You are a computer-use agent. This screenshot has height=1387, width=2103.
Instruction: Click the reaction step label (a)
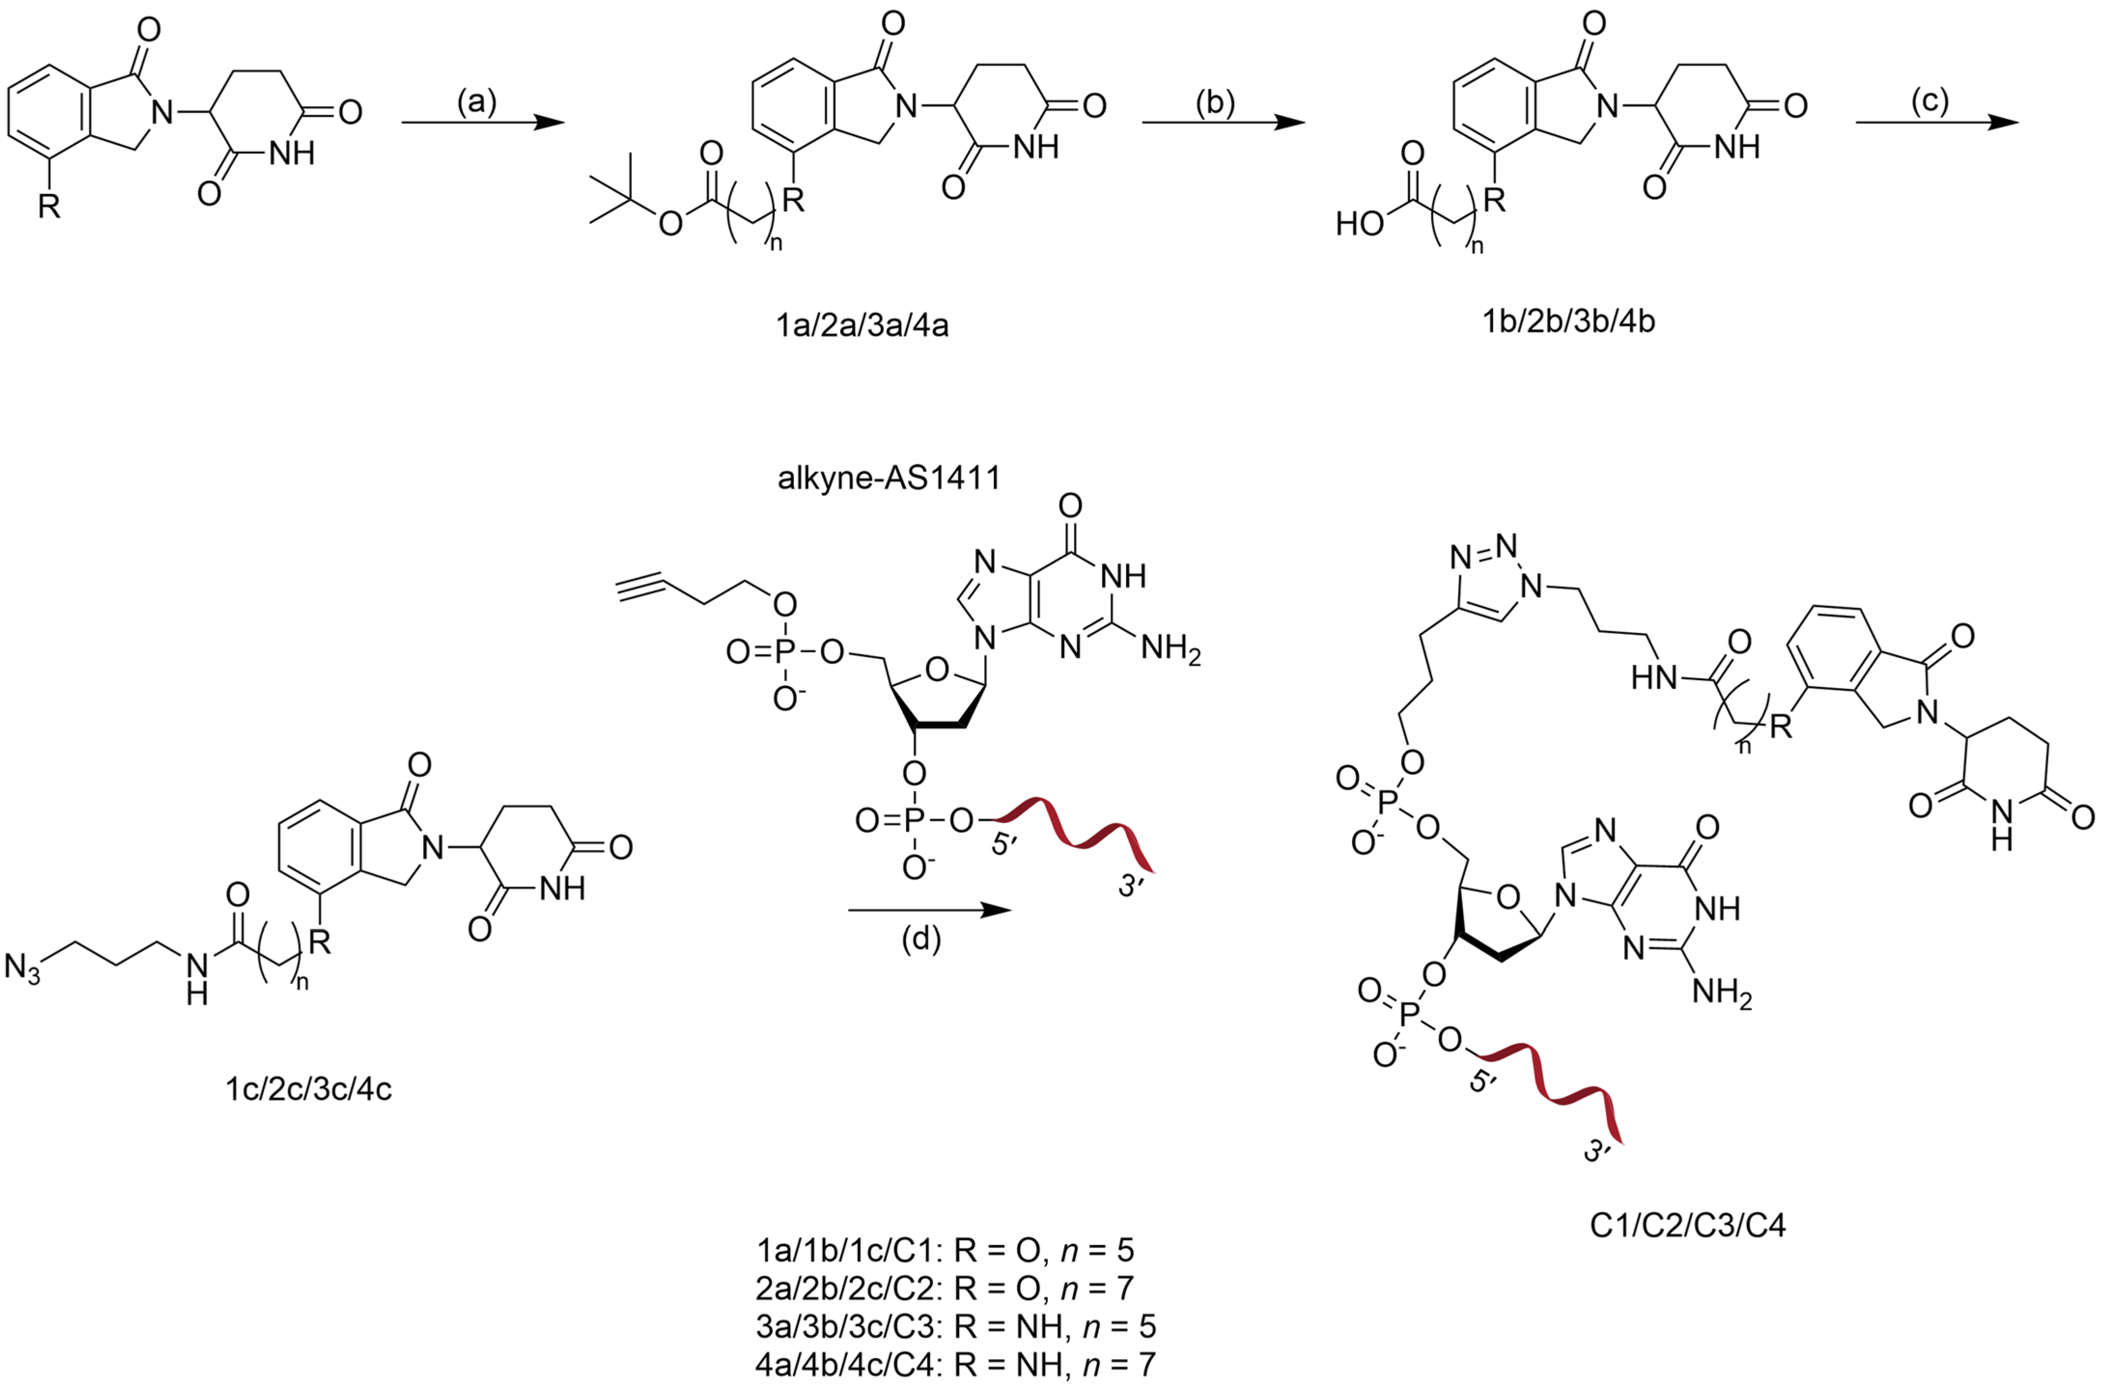[x=477, y=103]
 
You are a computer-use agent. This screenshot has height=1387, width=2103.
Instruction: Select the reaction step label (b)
[x=1214, y=103]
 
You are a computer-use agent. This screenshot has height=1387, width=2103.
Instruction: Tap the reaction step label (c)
[x=1929, y=103]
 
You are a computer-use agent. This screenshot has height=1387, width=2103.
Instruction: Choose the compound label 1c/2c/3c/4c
[x=308, y=1089]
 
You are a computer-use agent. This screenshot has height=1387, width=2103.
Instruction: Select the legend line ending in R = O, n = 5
[x=945, y=1250]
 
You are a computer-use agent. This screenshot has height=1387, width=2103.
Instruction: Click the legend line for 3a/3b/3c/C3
[x=955, y=1327]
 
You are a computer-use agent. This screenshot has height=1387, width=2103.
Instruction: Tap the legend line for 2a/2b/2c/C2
[x=945, y=1288]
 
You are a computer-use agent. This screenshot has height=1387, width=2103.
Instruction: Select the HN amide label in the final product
[x=1653, y=678]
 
